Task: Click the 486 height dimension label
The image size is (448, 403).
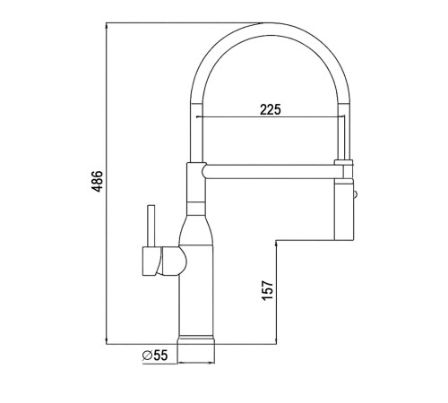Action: pos(97,181)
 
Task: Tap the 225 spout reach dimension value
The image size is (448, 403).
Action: pos(271,109)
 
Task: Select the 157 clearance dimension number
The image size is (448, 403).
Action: pos(267,290)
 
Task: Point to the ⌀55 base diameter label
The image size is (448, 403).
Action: pos(155,356)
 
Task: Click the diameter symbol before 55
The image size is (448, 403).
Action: pos(147,356)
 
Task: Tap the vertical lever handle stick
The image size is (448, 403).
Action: pos(151,226)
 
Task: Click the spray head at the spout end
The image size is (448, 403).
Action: pos(344,210)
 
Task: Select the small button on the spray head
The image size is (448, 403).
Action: pos(355,194)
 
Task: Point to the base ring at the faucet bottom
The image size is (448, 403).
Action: pos(196,340)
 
